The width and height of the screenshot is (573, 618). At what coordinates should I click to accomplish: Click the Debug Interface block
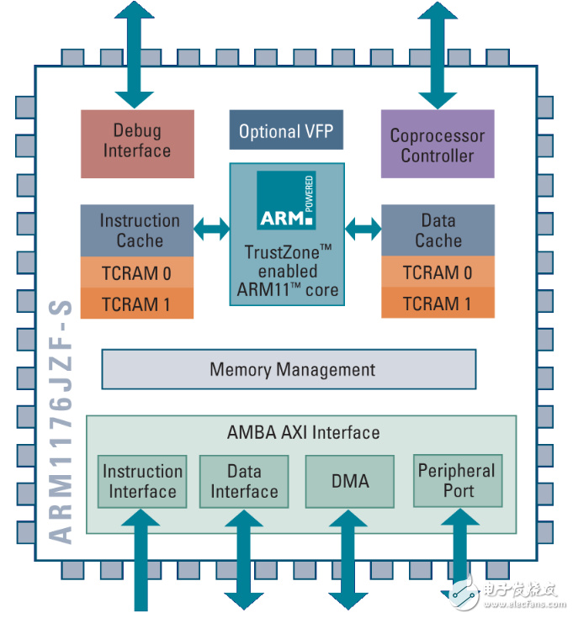[x=136, y=142]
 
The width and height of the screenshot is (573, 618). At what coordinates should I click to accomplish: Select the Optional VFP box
[x=286, y=131]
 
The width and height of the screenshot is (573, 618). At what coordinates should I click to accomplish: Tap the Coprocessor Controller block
[x=437, y=145]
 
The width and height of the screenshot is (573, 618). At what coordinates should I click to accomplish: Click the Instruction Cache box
[x=137, y=230]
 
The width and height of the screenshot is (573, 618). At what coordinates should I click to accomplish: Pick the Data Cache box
[x=438, y=230]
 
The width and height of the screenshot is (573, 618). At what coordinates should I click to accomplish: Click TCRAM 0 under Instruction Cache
[x=137, y=272]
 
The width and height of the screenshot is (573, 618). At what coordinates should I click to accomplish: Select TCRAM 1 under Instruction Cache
[x=137, y=303]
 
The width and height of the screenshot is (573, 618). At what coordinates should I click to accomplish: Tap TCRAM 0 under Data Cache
[x=438, y=272]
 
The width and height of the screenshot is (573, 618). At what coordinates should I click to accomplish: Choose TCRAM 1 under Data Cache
[x=438, y=303]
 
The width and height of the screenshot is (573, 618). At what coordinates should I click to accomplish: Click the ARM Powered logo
[x=286, y=201]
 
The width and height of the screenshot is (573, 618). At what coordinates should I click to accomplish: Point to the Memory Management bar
[x=289, y=369]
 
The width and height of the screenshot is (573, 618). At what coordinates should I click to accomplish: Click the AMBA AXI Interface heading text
[x=303, y=433]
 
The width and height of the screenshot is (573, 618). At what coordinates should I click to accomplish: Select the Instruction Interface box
[x=142, y=481]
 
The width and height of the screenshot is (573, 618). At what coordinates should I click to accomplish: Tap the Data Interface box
[x=244, y=481]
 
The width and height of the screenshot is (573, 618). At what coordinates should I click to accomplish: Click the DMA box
[x=349, y=481]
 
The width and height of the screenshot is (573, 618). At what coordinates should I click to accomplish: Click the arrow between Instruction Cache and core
[x=211, y=228]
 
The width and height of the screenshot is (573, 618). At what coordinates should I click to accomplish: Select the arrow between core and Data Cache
[x=363, y=228]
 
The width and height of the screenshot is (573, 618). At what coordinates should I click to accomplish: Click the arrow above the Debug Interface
[x=135, y=50]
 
